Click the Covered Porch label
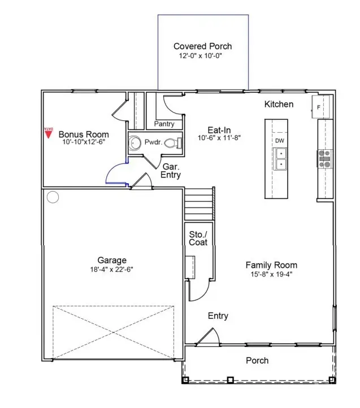(202, 46)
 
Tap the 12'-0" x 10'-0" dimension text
(202, 57)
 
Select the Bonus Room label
(84, 134)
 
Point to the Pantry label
(164, 124)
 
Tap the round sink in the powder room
(135, 143)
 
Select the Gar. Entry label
(171, 171)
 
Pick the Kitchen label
(279, 105)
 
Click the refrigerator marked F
(320, 106)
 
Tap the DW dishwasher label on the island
(280, 140)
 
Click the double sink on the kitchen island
(280, 159)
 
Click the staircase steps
(198, 205)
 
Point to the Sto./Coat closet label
(198, 238)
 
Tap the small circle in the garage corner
(53, 197)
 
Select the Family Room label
(271, 265)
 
